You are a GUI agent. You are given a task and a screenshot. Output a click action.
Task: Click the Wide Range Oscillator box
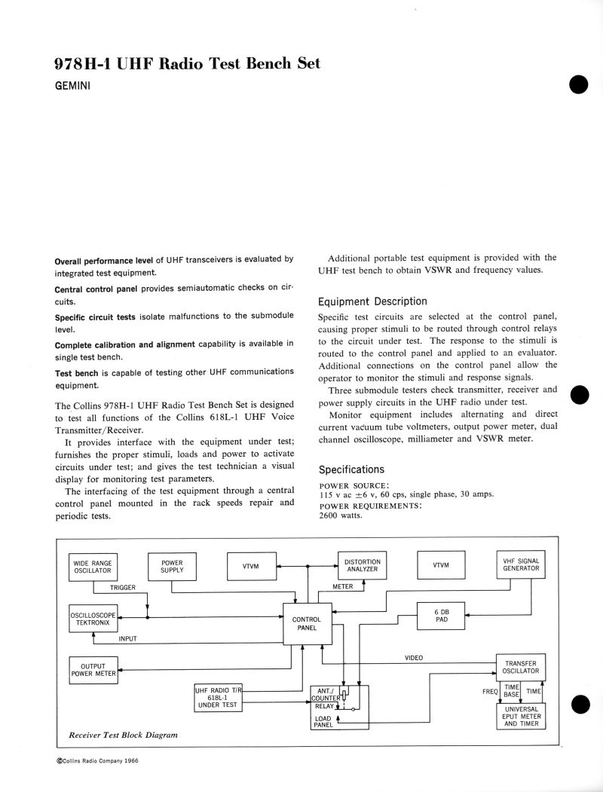[93, 567]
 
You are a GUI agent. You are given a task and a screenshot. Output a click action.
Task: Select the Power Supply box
[172, 567]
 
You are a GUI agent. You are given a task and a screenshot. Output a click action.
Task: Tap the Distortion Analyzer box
[362, 566]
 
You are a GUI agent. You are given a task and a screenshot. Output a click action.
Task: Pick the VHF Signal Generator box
[521, 564]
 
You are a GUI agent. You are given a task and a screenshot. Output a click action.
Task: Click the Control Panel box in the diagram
[306, 623]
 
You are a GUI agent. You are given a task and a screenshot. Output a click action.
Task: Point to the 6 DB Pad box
[442, 616]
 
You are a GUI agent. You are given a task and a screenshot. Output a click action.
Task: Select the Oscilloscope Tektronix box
[92, 619]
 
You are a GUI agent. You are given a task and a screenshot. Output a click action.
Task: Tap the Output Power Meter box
[93, 670]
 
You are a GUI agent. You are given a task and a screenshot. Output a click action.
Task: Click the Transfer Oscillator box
[520, 667]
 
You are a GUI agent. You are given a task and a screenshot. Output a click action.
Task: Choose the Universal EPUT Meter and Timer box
[521, 715]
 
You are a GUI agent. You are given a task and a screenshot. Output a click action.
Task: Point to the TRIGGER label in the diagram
[122, 587]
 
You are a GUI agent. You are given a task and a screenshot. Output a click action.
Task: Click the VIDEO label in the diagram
[414, 658]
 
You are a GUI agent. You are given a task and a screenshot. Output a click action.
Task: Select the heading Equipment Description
[372, 301]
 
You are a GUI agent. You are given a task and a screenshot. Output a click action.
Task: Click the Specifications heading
[351, 469]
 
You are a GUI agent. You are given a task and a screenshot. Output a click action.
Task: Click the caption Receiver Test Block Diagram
[123, 735]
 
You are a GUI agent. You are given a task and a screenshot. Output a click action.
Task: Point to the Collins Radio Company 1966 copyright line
[97, 761]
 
